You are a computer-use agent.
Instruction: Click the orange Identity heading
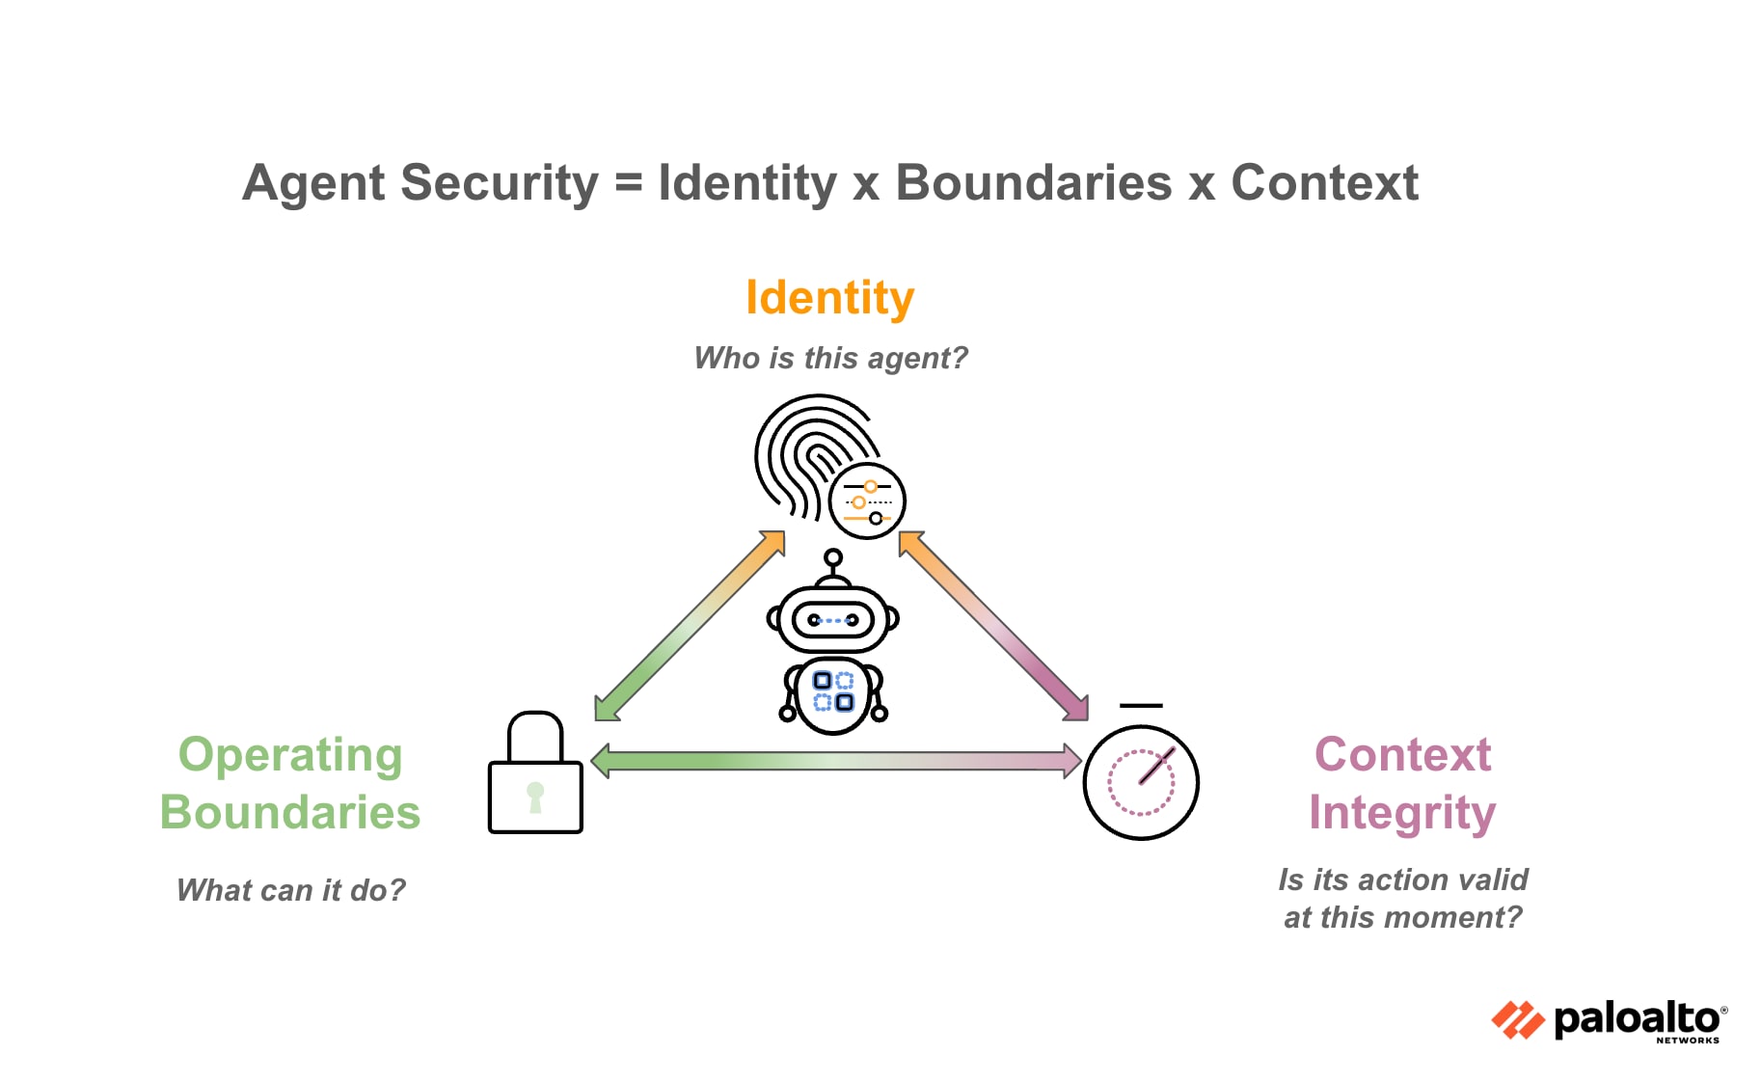point(829,298)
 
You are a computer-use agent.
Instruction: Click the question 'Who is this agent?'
point(830,358)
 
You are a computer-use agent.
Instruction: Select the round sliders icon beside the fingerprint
point(867,501)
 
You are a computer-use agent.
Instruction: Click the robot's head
point(832,619)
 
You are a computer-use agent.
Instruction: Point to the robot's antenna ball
point(833,557)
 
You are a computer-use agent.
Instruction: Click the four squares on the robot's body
point(833,690)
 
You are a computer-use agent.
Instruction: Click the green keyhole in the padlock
point(535,797)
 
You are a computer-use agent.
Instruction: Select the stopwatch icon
point(1141,780)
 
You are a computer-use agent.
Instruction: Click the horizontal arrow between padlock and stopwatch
point(834,761)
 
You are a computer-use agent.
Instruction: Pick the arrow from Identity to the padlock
point(689,626)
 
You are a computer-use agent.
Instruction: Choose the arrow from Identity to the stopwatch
point(993,626)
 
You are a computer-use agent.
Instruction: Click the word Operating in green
point(290,755)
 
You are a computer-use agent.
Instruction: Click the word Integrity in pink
point(1401,813)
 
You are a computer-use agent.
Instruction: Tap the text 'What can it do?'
point(290,890)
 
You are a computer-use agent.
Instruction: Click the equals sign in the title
point(628,182)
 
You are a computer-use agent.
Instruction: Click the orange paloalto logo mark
point(1517,1020)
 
